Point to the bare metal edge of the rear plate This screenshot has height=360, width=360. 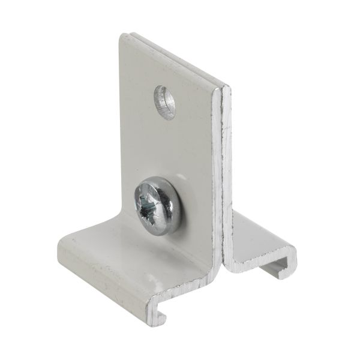point(228,168)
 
